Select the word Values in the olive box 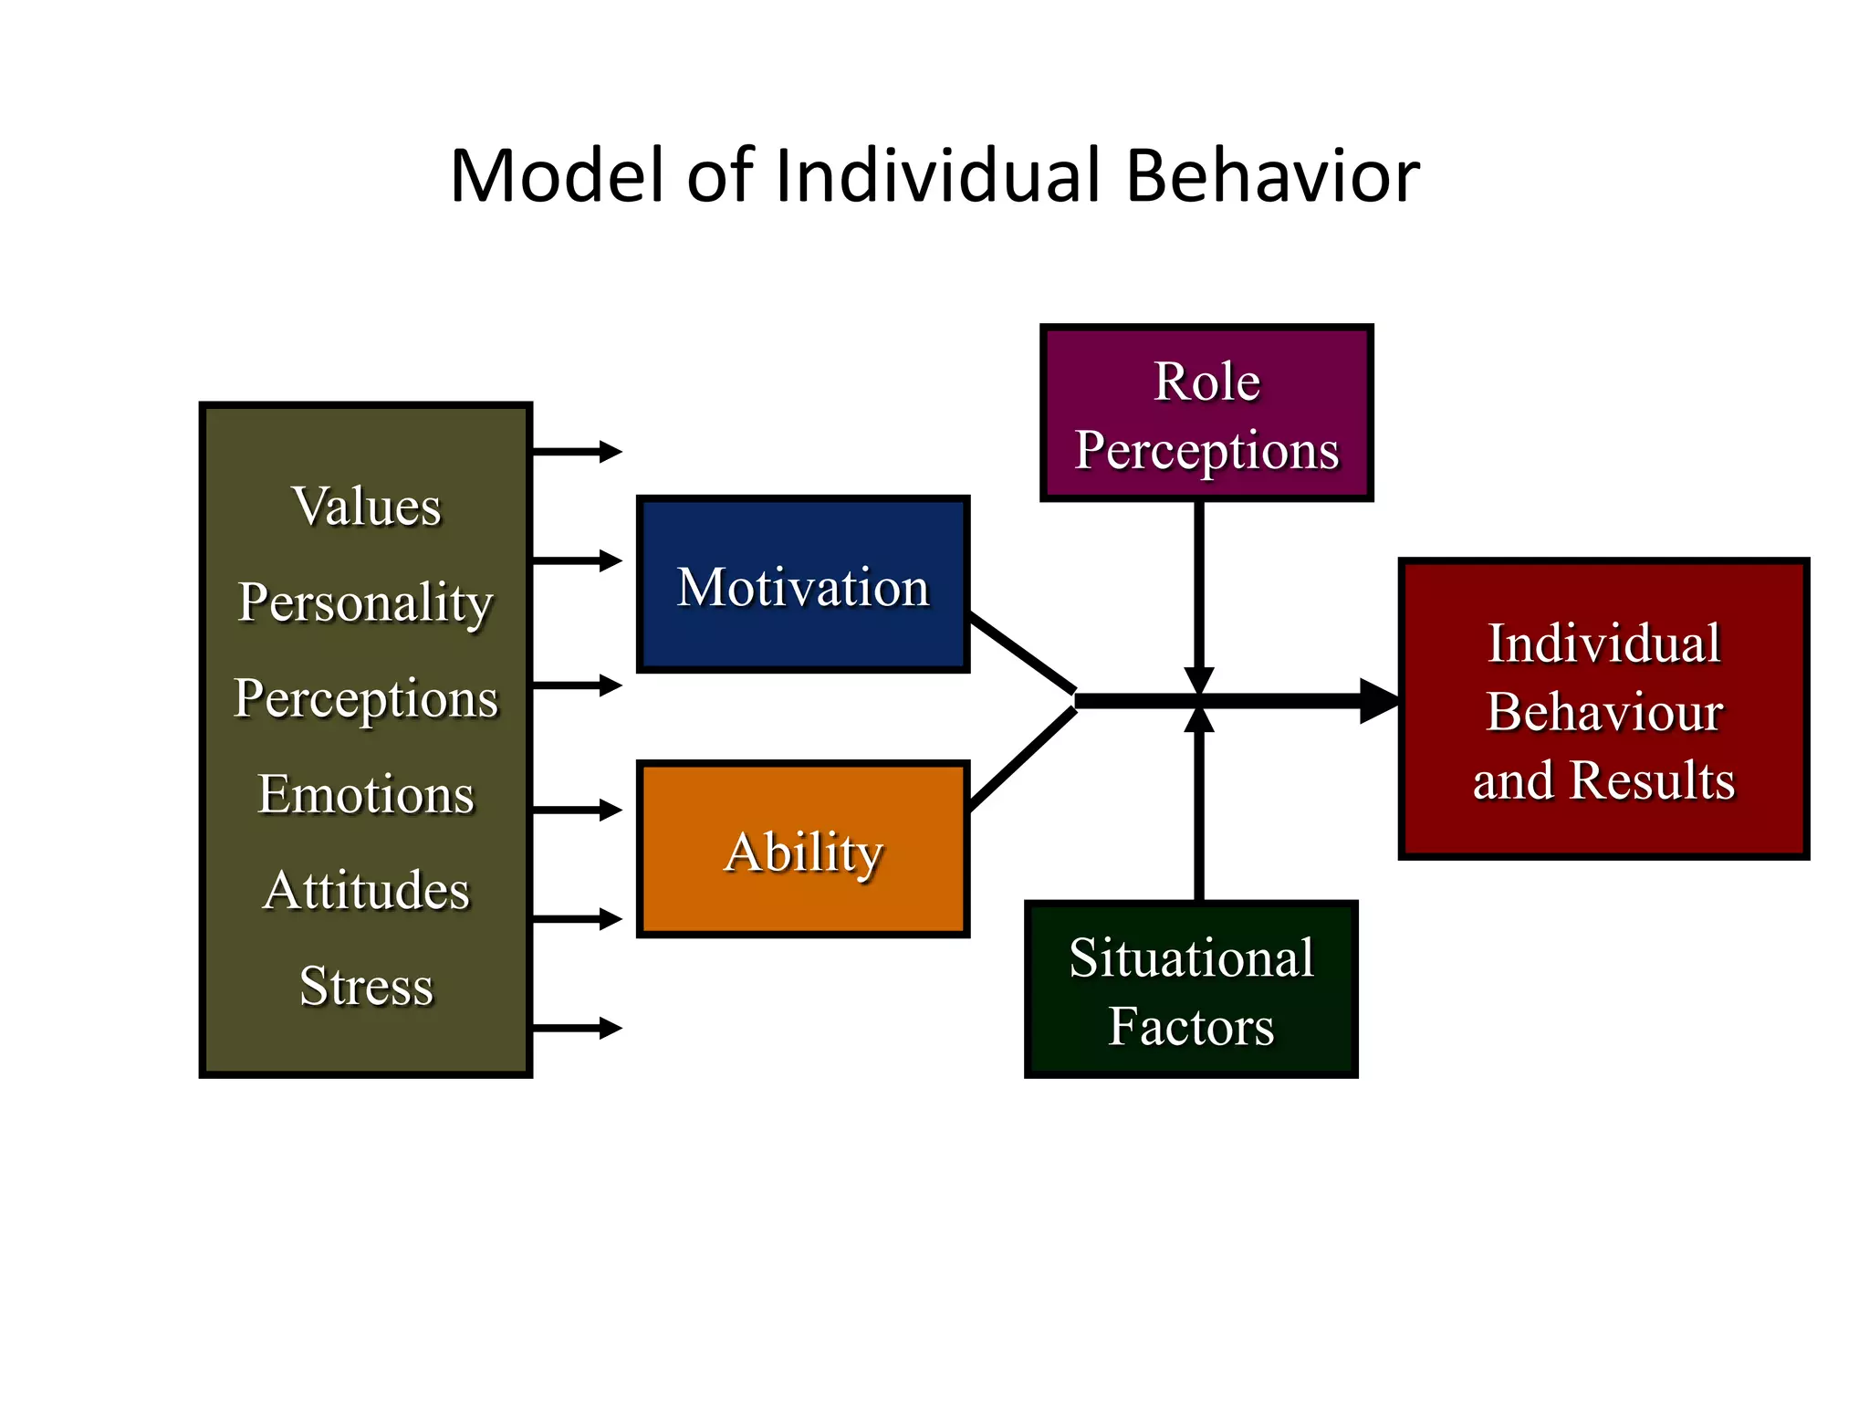366,507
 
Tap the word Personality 365,602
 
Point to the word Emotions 366,794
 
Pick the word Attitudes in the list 366,890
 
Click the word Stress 366,986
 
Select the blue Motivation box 802,585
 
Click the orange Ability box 802,850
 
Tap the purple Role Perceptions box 1206,413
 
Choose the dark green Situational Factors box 1191,990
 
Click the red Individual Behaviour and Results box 1603,709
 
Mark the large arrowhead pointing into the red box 1378,701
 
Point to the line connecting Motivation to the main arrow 1022,653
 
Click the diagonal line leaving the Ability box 1022,759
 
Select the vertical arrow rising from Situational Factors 1198,812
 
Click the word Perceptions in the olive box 366,698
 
